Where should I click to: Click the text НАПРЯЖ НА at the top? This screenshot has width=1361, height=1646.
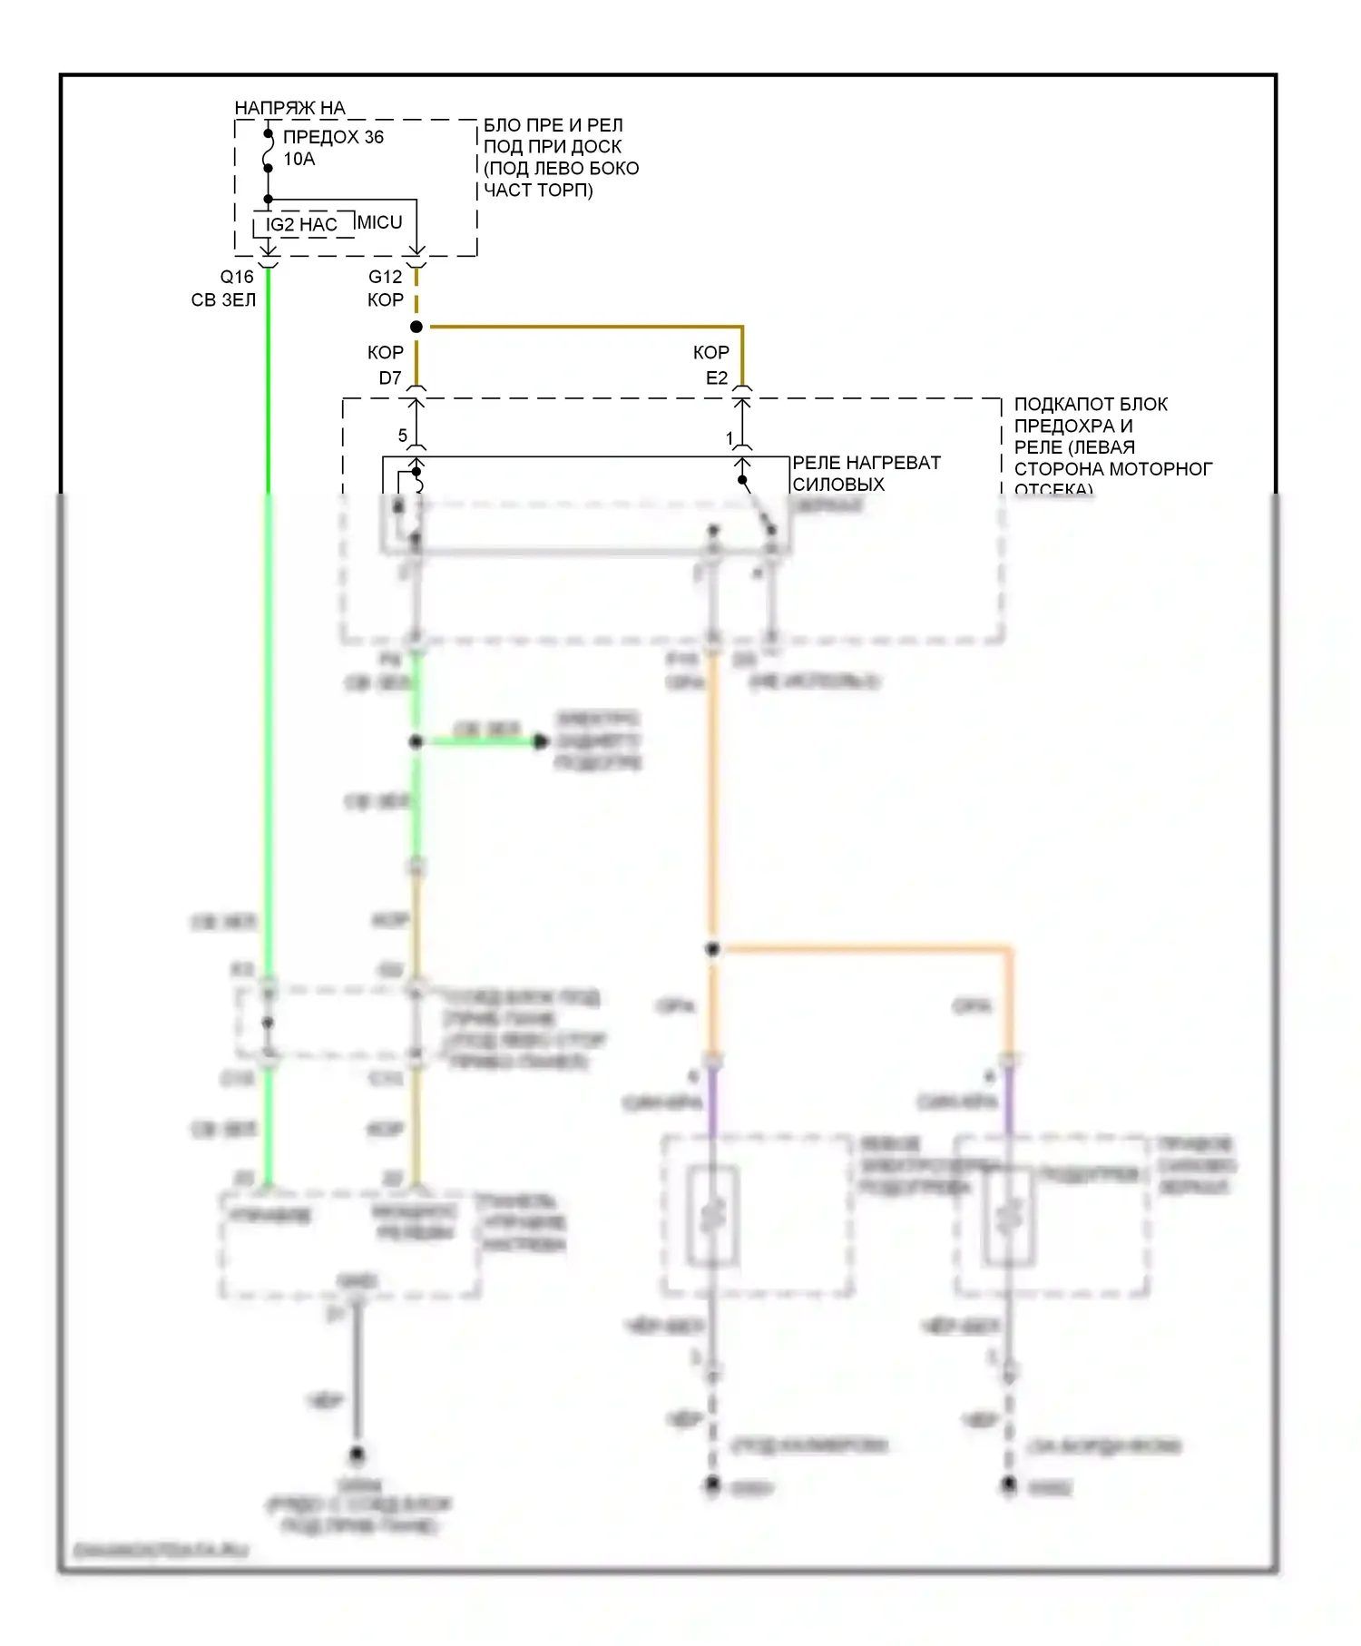point(289,108)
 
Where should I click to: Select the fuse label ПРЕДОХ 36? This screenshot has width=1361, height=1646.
point(333,137)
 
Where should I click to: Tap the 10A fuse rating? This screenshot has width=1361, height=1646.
point(299,159)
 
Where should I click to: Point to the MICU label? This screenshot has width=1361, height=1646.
point(379,222)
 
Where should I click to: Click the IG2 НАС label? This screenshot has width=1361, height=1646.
point(301,224)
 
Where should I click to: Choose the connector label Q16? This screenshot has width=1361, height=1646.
point(237,277)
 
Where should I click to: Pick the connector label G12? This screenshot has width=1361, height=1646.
point(385,277)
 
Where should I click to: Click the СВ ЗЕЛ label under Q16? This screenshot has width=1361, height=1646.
point(223,299)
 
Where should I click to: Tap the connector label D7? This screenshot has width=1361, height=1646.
point(390,377)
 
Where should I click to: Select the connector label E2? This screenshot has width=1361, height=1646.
point(717,377)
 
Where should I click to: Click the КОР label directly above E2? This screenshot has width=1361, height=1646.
point(711,352)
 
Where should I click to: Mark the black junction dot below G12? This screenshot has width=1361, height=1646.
point(416,327)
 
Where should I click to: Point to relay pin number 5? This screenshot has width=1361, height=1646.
point(403,436)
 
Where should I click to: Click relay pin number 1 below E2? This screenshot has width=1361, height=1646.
point(729,438)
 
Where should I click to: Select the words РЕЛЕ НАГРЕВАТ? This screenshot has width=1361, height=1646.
point(867,463)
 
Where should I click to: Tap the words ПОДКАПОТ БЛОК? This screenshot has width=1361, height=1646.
point(1091,404)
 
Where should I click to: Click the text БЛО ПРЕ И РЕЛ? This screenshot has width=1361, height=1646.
point(553,125)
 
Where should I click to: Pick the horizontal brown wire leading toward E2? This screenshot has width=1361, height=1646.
point(581,327)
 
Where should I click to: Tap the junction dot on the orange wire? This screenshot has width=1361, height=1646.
point(713,949)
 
